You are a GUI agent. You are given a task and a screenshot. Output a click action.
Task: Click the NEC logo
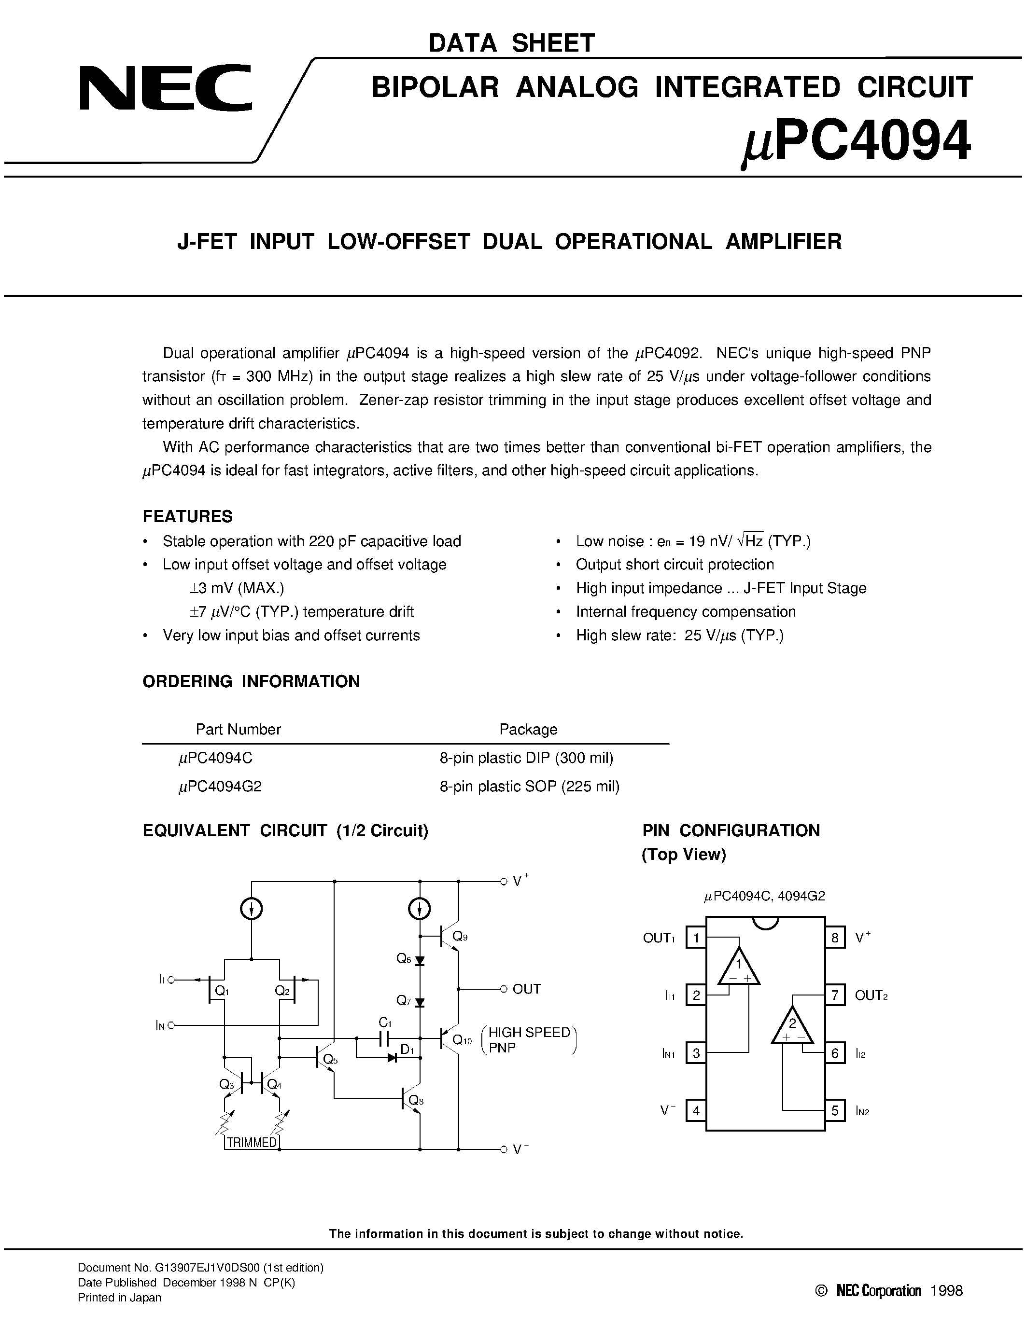pyautogui.click(x=165, y=89)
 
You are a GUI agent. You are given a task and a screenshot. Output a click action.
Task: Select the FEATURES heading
pyautogui.click(x=187, y=516)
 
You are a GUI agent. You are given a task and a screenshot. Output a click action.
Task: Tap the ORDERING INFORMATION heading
pyautogui.click(x=251, y=681)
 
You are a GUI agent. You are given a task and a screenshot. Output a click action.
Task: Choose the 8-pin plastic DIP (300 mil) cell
pyautogui.click(x=526, y=758)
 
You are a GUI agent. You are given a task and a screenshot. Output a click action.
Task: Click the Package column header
pyautogui.click(x=528, y=729)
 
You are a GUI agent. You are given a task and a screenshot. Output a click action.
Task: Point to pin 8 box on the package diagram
pyautogui.click(x=834, y=938)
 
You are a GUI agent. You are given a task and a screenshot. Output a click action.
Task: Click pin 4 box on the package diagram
pyautogui.click(x=696, y=1111)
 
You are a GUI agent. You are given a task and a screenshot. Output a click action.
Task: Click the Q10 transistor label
pyautogui.click(x=462, y=1040)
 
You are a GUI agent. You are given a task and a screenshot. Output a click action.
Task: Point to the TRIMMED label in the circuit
pyautogui.click(x=252, y=1142)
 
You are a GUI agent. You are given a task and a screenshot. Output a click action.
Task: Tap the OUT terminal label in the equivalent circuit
pyautogui.click(x=526, y=989)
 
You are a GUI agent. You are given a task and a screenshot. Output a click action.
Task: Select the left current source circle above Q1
pyautogui.click(x=252, y=909)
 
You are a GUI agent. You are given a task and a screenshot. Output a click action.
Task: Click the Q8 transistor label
pyautogui.click(x=416, y=1100)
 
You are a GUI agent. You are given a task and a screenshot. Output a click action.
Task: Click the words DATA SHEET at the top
pyautogui.click(x=512, y=43)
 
